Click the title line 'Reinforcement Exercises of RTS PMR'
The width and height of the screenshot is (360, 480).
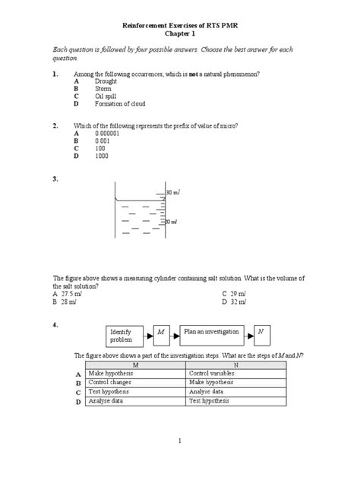(x=181, y=25)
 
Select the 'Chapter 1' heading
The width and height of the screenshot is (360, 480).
(x=181, y=34)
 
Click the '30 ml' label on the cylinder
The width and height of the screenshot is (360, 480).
(x=172, y=193)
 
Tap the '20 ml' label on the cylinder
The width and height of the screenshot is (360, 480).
(x=172, y=222)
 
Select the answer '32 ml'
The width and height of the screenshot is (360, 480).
(x=241, y=302)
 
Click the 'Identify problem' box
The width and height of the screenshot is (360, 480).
(x=125, y=336)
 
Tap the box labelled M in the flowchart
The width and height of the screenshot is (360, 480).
(x=161, y=332)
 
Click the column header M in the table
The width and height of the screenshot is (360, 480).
(x=135, y=365)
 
